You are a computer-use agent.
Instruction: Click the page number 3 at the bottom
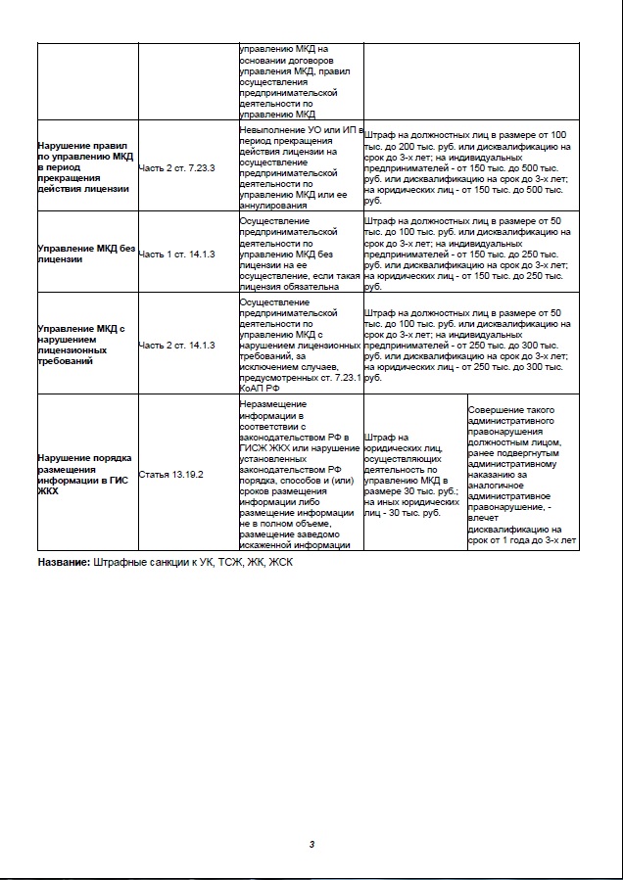coord(311,843)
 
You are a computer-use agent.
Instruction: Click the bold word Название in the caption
coord(64,563)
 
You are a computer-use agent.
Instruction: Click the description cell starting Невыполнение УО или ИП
coord(300,167)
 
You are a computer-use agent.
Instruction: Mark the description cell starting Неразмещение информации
coord(300,474)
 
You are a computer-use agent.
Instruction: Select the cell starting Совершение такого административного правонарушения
coord(522,474)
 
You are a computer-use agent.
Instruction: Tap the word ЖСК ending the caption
coord(281,563)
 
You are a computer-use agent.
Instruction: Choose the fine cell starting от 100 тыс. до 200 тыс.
coord(466,167)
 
